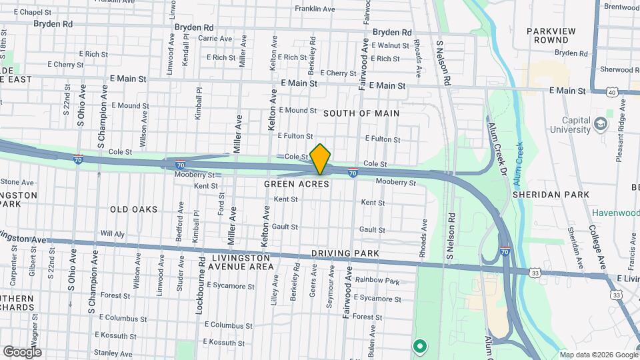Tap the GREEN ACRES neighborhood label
(297, 183)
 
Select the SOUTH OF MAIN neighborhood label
(361, 113)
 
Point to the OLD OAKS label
(134, 209)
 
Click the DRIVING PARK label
(345, 253)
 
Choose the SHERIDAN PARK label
(551, 195)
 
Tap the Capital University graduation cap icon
(601, 125)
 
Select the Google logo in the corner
(21, 352)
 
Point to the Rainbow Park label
(377, 281)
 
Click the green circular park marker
(419, 345)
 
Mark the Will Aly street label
(112, 234)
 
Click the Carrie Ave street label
(214, 39)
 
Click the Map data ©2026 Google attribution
(597, 354)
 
